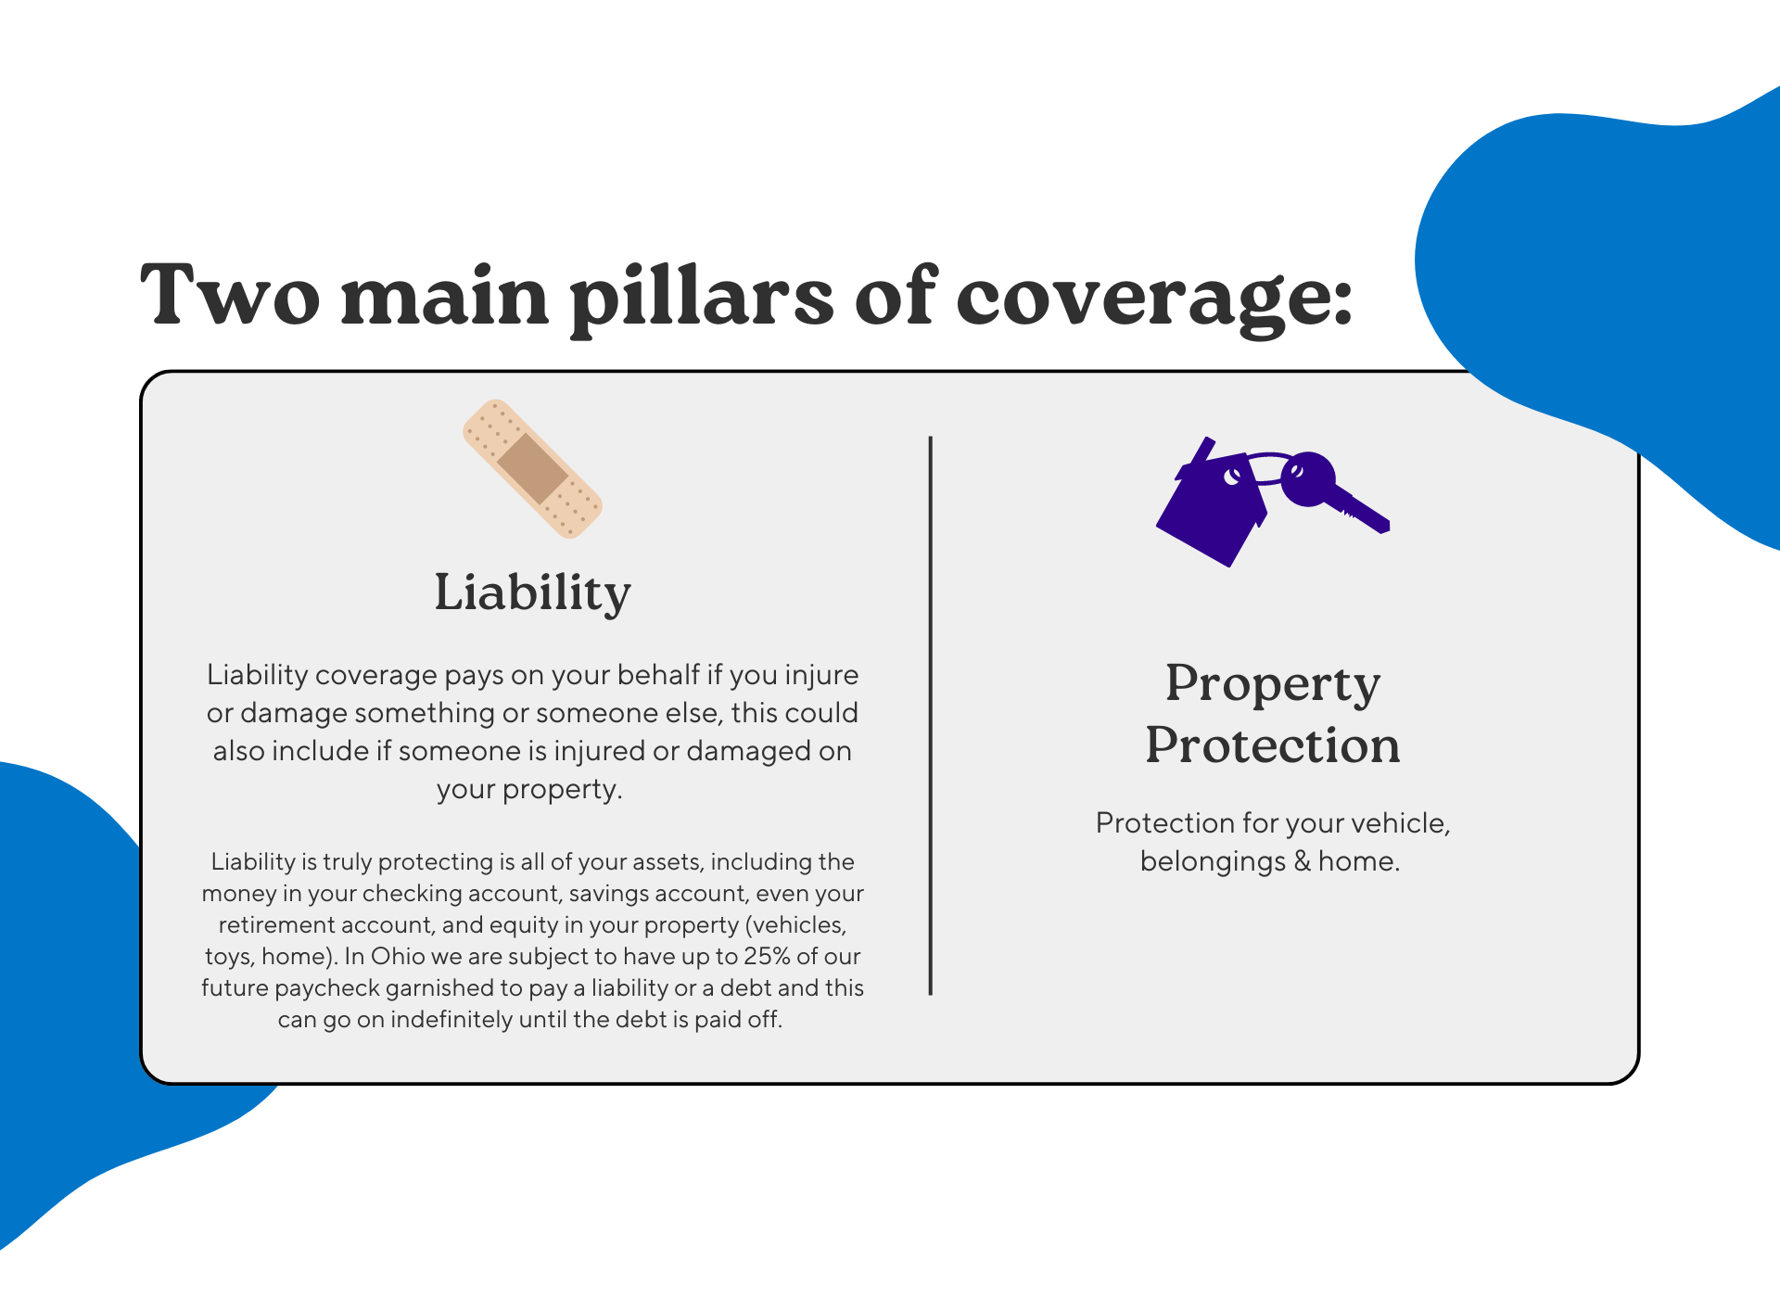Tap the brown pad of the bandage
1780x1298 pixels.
(x=532, y=469)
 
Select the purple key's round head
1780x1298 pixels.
(x=1308, y=478)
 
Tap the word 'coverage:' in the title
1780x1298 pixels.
(x=1154, y=299)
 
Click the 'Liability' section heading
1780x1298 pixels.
(x=532, y=592)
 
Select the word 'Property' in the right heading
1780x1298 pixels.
(x=1272, y=684)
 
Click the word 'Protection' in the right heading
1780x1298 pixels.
(x=1272, y=745)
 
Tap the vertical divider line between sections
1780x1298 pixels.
(x=930, y=714)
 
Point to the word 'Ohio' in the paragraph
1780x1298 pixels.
(x=398, y=957)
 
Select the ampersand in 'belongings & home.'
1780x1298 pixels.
(x=1302, y=861)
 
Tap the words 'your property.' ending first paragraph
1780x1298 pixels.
(x=529, y=790)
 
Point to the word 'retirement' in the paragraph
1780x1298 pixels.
(x=265, y=925)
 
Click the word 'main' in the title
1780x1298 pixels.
(x=445, y=297)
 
